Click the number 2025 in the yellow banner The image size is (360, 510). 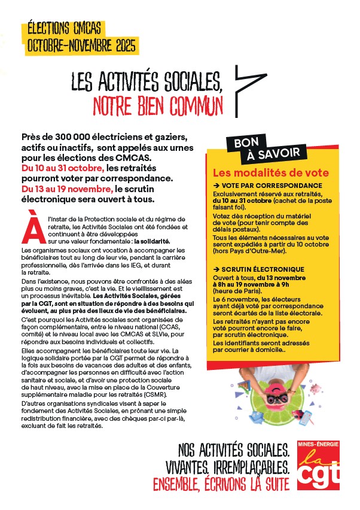tap(121, 45)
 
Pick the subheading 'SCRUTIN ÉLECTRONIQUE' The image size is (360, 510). tap(266, 269)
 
